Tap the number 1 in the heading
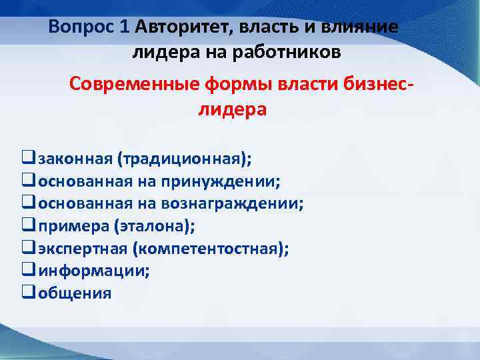125,28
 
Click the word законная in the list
75,159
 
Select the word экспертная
83,249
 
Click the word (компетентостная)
210,249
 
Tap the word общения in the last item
75,293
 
